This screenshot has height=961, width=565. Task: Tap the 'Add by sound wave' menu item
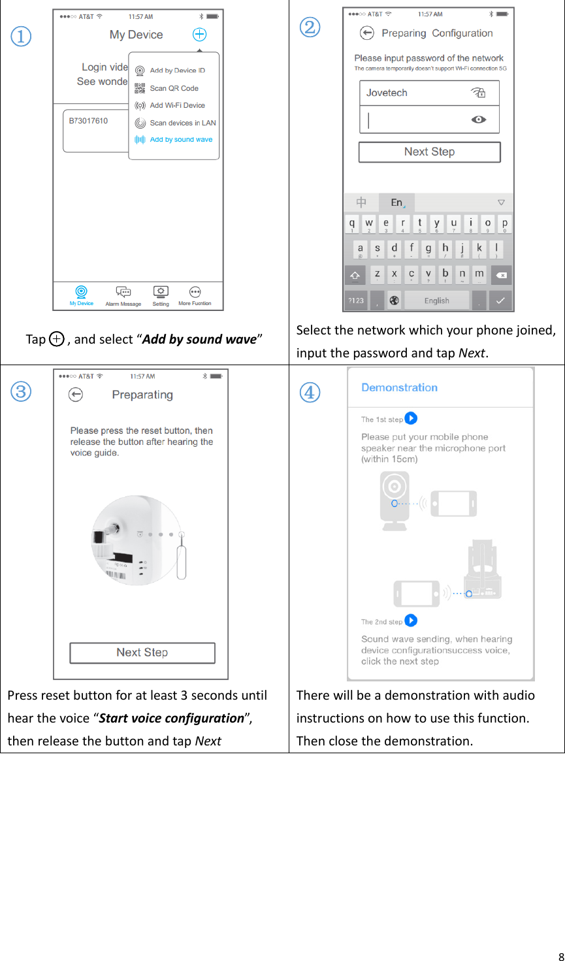point(181,140)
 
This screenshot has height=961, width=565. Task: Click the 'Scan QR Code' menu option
point(174,88)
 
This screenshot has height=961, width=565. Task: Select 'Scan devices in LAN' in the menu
point(182,123)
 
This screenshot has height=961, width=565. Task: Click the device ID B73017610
point(89,121)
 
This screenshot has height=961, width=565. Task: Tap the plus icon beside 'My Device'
point(199,35)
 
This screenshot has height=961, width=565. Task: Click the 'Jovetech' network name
point(387,93)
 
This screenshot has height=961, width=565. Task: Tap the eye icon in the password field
point(479,120)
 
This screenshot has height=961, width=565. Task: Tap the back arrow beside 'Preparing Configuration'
point(367,33)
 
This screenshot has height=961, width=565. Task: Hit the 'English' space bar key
point(436,301)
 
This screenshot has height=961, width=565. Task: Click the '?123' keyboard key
point(356,301)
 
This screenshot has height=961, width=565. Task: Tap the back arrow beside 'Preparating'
point(76,395)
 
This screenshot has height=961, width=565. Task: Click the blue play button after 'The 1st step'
point(411,418)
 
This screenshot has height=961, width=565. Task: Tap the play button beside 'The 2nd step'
point(411,621)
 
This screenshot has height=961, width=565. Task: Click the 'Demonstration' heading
point(399,387)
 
